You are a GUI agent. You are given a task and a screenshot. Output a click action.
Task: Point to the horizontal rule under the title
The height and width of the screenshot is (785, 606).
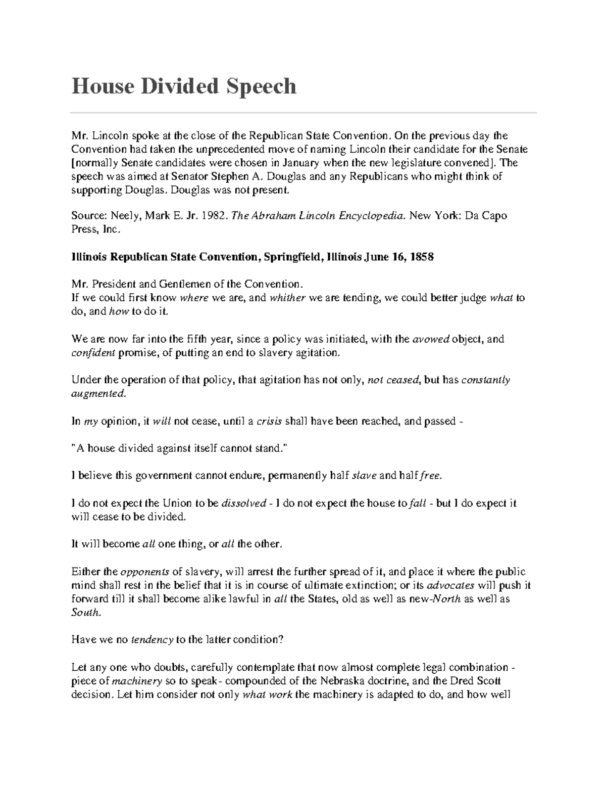pyautogui.click(x=303, y=112)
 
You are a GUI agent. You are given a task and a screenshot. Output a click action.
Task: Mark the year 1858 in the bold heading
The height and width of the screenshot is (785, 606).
pyautogui.click(x=422, y=257)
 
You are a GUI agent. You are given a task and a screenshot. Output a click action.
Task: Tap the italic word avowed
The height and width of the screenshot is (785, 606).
pyautogui.click(x=431, y=339)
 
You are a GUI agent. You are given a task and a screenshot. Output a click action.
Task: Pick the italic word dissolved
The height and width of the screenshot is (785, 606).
pyautogui.click(x=244, y=503)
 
